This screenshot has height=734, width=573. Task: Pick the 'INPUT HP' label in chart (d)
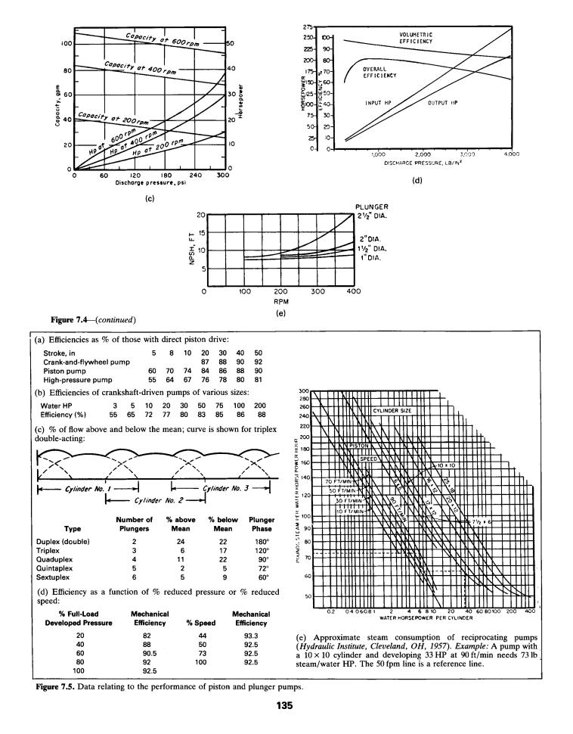click(x=377, y=101)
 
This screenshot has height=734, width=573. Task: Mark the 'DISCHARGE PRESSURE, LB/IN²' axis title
click(x=425, y=161)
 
